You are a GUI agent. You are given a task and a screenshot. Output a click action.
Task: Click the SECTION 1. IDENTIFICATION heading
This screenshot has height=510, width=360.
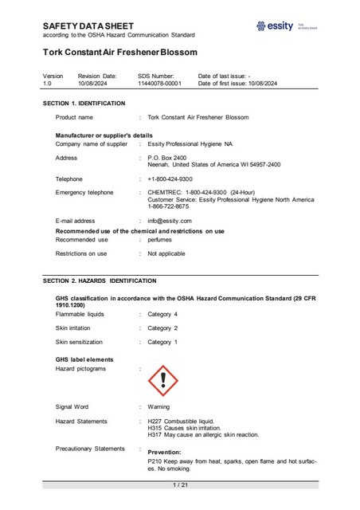pos(84,104)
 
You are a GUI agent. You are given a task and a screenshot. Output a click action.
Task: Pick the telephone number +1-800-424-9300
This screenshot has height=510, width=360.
pos(170,179)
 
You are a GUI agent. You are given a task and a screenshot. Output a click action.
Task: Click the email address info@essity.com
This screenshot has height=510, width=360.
pos(169,220)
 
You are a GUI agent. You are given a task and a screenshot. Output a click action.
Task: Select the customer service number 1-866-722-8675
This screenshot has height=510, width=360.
pos(166,206)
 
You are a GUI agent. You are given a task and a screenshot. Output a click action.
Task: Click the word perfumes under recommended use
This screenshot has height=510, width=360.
pos(161,239)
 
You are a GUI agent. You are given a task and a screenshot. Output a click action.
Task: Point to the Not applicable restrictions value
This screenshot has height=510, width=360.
pos(166,253)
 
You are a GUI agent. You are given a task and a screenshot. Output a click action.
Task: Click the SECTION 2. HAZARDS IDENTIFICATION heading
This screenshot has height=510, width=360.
pos(100,281)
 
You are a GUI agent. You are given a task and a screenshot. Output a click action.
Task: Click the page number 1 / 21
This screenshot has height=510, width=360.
pos(180,484)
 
